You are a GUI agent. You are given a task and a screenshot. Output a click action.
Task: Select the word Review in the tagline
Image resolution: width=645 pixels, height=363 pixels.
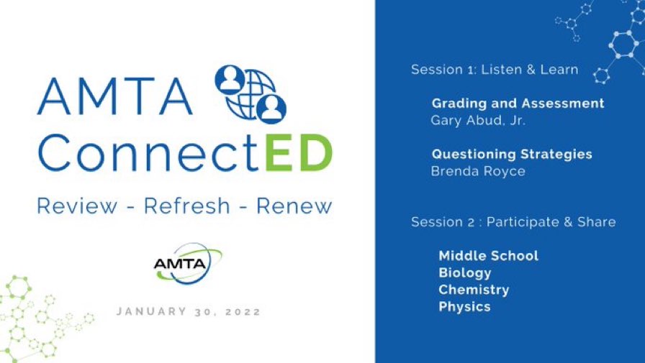point(77,206)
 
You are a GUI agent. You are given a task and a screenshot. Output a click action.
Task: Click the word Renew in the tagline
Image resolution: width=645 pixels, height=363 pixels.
point(294,206)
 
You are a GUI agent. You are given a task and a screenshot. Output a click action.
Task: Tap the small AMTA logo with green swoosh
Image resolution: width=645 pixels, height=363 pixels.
point(186,262)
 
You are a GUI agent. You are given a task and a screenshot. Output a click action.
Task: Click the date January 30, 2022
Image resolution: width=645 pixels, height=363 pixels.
point(189,312)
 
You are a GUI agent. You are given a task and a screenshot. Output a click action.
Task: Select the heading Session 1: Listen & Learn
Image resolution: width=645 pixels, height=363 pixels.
point(495,70)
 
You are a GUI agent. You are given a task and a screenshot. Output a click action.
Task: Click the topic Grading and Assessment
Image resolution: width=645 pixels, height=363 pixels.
point(518,104)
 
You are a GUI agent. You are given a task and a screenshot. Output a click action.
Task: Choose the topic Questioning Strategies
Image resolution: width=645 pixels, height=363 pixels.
point(512,155)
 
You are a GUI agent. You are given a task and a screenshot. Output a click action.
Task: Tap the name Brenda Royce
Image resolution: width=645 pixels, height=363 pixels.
point(478,171)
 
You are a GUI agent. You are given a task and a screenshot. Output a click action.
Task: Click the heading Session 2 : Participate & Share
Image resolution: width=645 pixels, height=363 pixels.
point(513,222)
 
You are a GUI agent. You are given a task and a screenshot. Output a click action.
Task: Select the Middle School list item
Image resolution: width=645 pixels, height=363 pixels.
point(488,256)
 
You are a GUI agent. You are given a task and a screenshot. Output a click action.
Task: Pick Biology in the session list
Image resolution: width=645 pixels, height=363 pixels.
point(465,273)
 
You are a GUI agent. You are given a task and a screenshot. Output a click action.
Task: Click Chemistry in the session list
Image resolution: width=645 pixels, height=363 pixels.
point(474,290)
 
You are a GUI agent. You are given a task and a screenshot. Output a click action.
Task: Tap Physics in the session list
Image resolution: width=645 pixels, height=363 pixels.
point(464,307)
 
